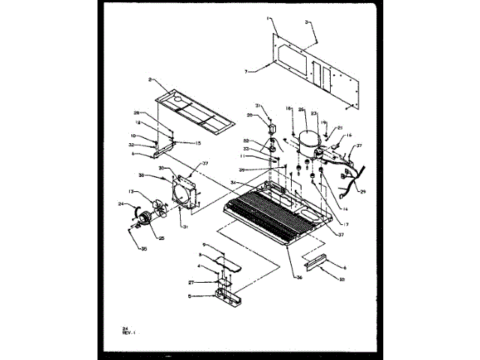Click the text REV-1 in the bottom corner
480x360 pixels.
pos(130,331)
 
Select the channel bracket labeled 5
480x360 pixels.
pos(226,295)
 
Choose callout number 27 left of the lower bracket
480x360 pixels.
pos(192,282)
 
